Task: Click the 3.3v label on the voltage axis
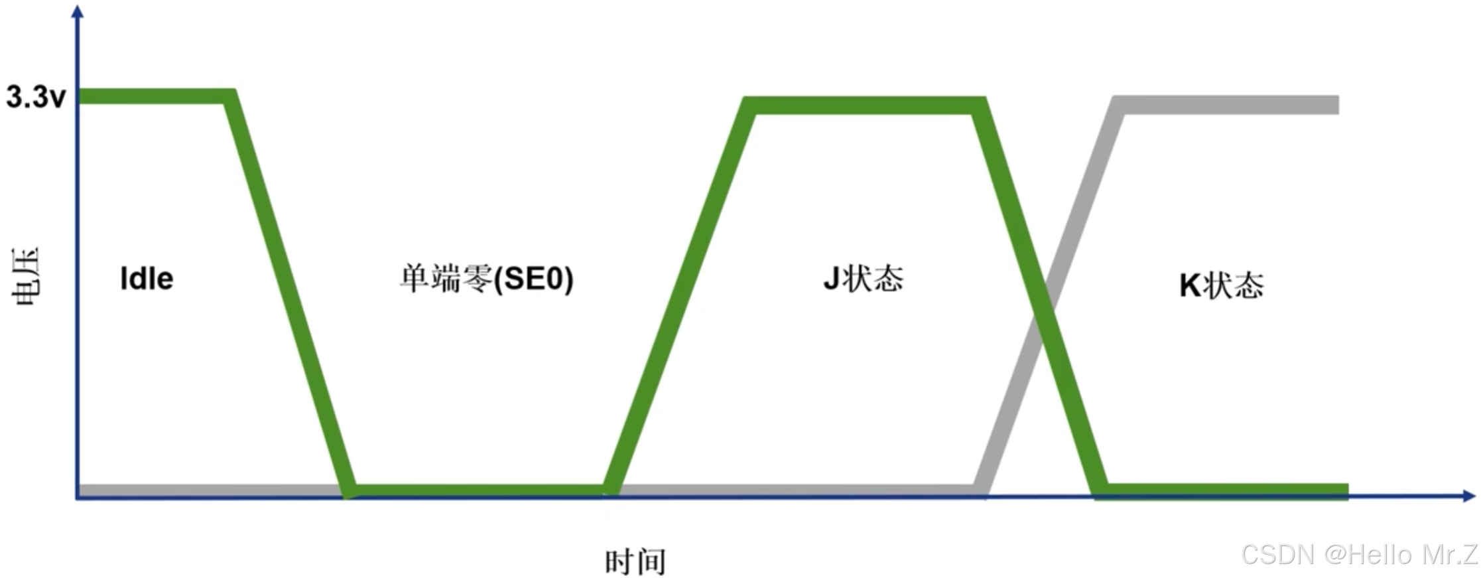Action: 36,97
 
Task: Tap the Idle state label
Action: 147,279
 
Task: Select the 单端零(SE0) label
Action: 486,279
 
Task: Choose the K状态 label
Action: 1221,285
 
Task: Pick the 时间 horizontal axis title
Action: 635,561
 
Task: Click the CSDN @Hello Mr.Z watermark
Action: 1360,554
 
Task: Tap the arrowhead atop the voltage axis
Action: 78,12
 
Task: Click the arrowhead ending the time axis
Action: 1468,496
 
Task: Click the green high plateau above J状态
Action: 862,106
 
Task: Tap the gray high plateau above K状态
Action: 1227,105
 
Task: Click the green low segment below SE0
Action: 478,491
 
